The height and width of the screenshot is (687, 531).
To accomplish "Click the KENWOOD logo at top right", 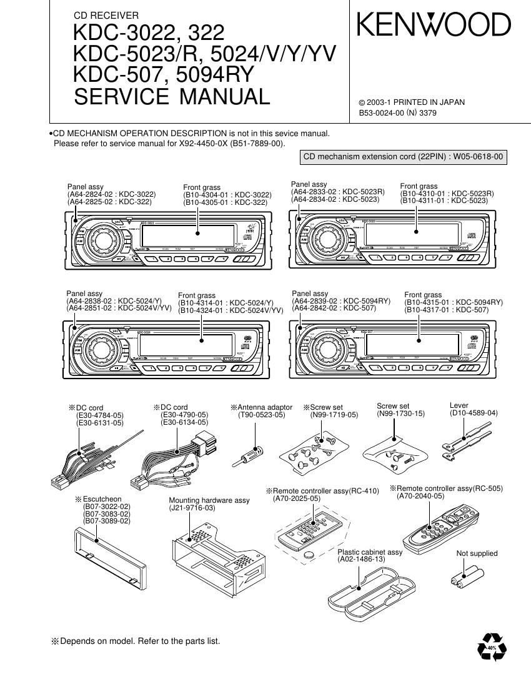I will [x=434, y=25].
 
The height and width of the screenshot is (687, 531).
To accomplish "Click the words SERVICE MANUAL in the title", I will [x=172, y=97].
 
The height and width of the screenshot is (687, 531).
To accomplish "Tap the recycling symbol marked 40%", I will [x=492, y=648].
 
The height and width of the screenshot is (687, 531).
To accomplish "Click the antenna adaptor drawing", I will [x=250, y=453].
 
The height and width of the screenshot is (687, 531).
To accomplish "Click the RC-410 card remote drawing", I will [x=310, y=528].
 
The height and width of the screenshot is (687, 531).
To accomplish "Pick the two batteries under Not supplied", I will [x=468, y=575].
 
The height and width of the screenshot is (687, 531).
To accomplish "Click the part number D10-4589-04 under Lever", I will [x=474, y=413].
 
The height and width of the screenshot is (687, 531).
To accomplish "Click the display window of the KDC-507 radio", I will [x=425, y=343].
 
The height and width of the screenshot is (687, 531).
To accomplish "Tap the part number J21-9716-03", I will [x=192, y=508].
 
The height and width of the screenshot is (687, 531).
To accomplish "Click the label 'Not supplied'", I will [x=477, y=553].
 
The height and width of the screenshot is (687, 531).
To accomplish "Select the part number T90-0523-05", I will [x=261, y=415].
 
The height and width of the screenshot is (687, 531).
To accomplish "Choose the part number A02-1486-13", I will [x=362, y=560].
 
